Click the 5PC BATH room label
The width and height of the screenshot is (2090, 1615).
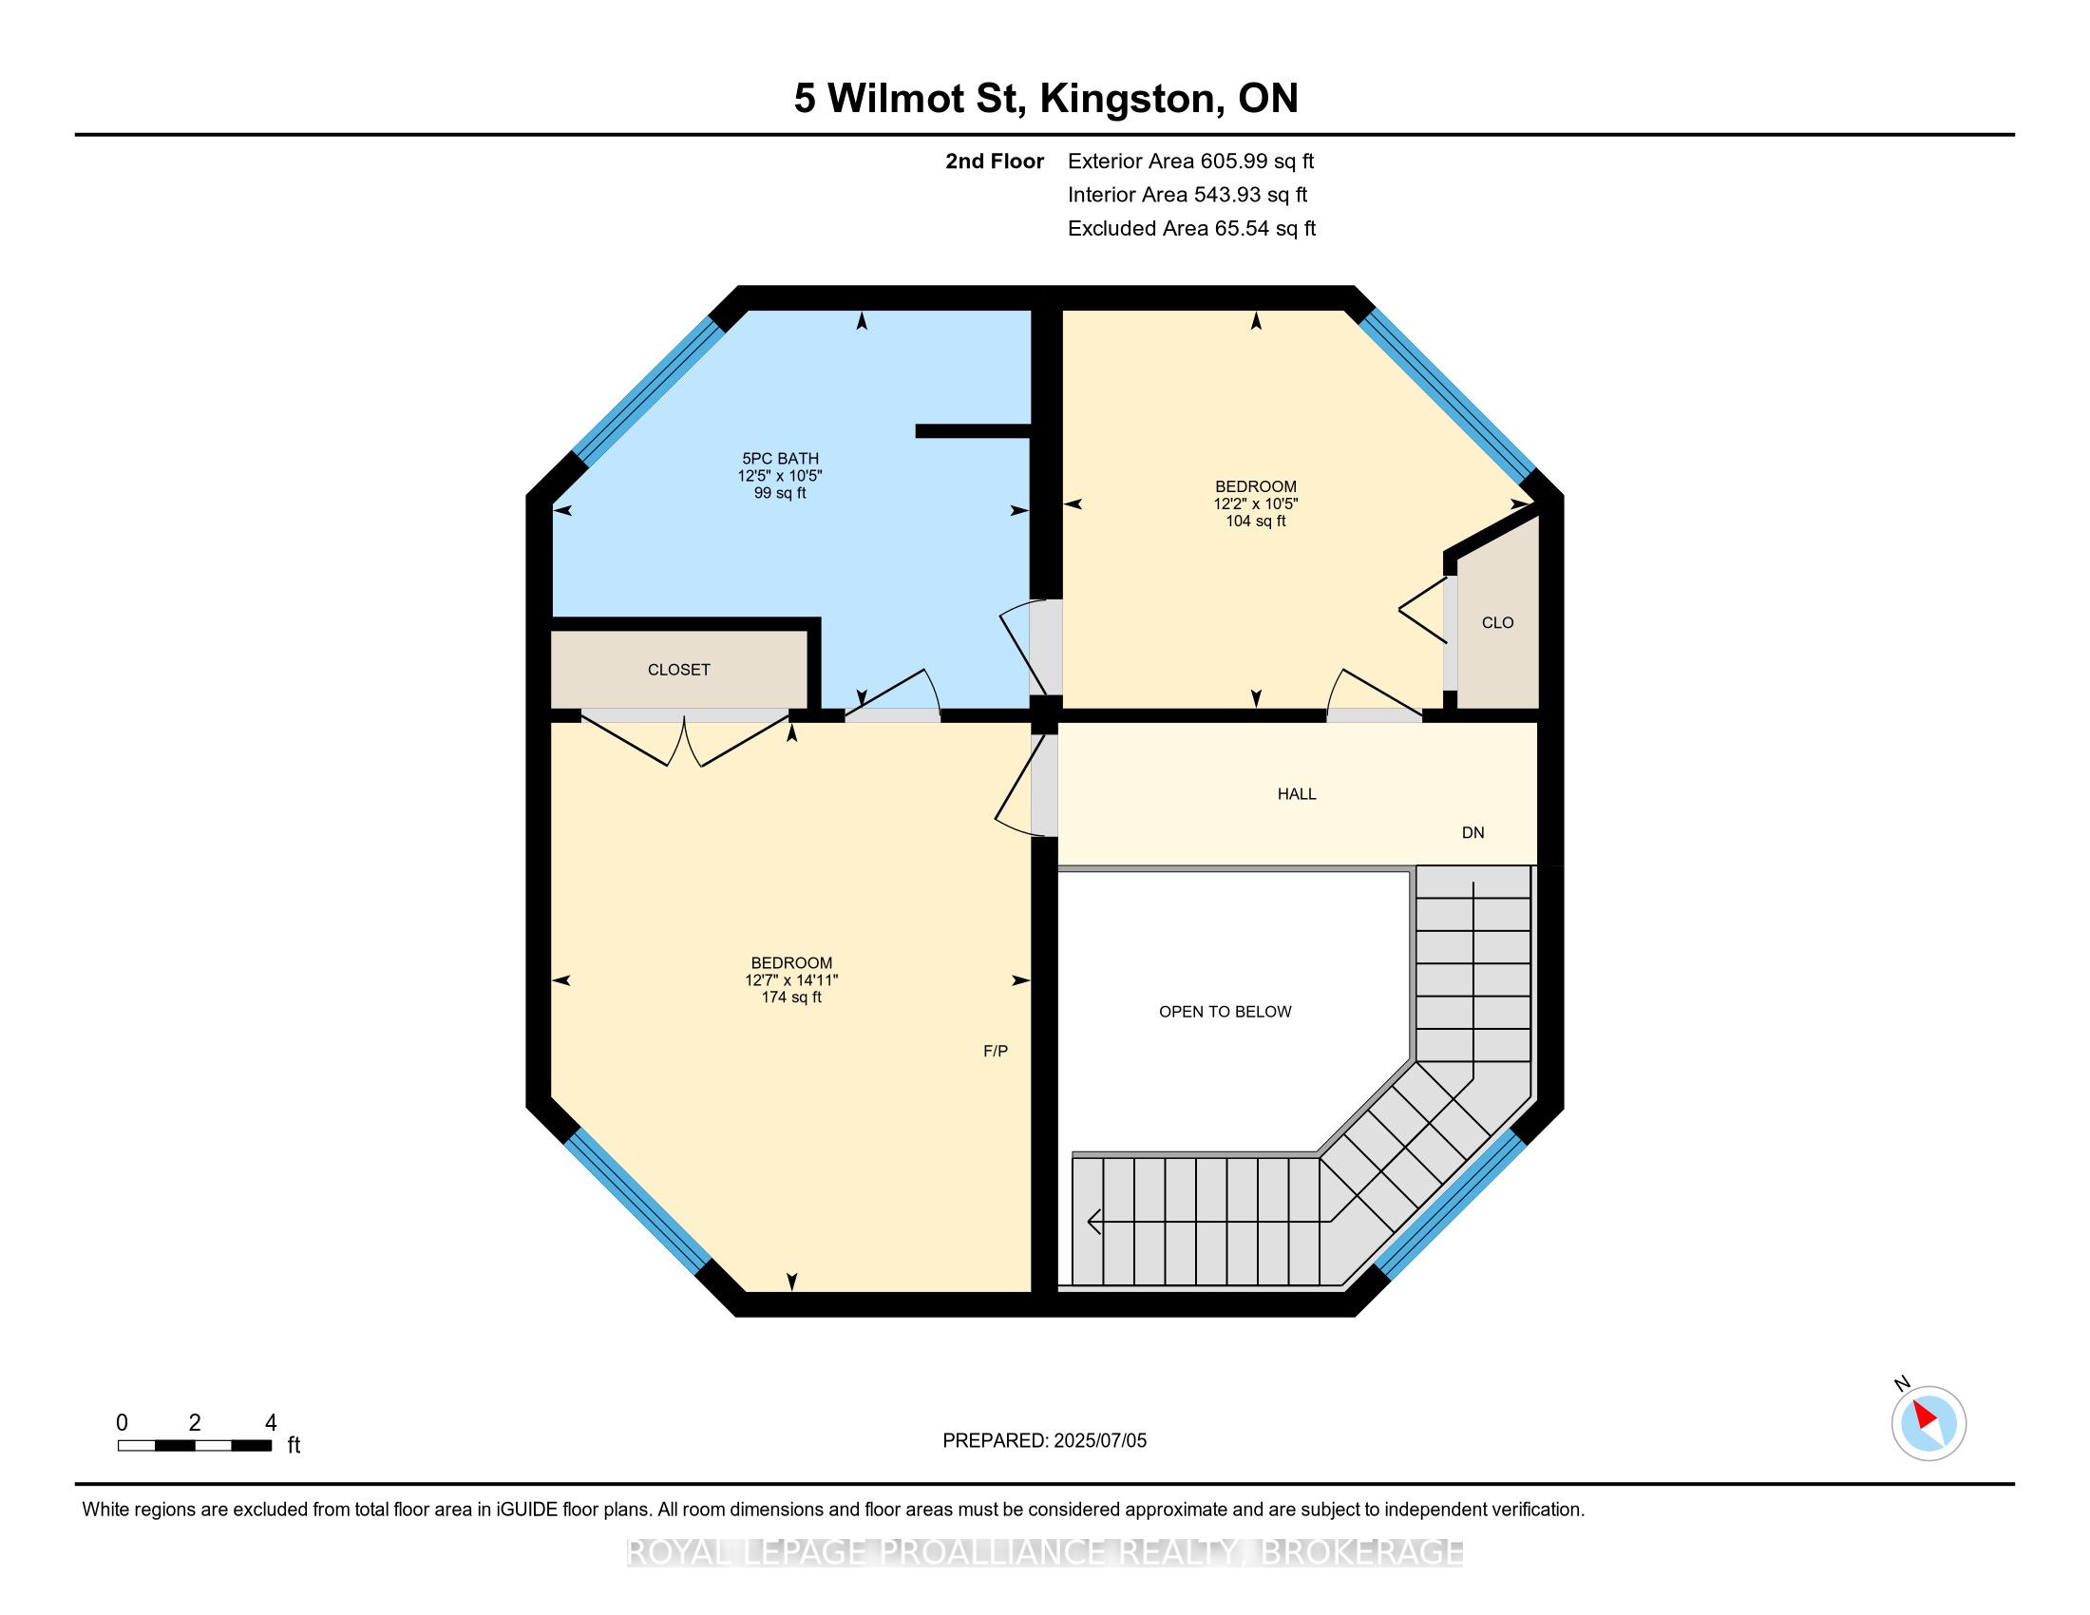(780, 458)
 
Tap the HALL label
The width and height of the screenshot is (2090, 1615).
(1297, 794)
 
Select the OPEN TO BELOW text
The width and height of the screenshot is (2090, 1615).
(1225, 1012)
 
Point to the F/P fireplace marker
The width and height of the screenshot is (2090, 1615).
(996, 1051)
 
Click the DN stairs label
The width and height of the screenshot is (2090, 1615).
(1472, 832)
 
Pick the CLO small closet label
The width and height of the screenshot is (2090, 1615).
(1497, 623)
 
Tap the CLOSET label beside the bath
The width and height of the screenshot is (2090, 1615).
(678, 670)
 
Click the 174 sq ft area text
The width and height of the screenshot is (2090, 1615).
(791, 997)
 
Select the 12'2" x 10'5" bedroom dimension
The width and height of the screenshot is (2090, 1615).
(1256, 503)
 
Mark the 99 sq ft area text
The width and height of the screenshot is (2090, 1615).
(780, 493)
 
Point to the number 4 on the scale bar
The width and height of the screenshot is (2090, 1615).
(271, 1423)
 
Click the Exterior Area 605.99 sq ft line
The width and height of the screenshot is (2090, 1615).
(1190, 161)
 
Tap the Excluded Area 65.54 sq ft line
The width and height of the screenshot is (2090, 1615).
(1191, 228)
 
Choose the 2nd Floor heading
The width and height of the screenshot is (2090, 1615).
(995, 161)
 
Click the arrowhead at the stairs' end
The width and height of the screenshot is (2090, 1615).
(1094, 1222)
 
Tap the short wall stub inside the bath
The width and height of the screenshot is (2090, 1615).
(972, 430)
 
